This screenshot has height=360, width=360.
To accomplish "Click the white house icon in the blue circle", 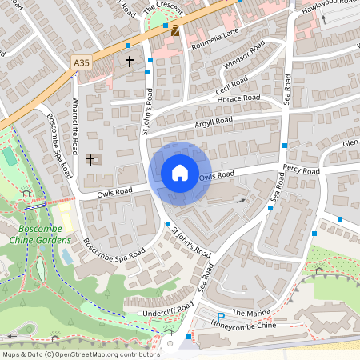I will [179, 173].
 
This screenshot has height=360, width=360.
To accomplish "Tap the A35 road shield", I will [82, 62].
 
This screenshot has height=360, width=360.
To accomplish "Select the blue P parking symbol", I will [221, 318].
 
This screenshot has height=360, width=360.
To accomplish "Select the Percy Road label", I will [301, 170].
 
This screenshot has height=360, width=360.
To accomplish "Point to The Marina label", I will [247, 312].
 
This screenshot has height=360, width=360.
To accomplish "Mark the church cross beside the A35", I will [130, 61].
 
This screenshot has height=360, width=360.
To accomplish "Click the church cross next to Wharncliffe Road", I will [90, 159].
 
